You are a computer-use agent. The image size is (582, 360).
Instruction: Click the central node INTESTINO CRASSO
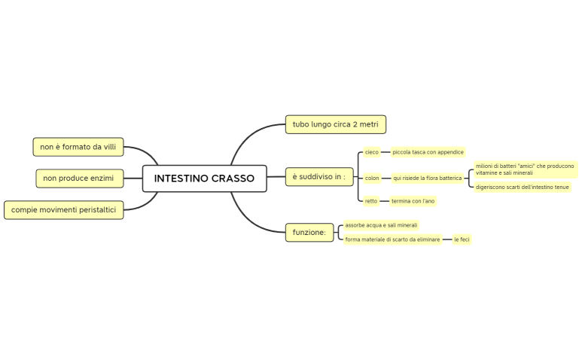tap(204, 178)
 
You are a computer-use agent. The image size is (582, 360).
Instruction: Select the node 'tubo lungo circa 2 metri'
tap(336, 124)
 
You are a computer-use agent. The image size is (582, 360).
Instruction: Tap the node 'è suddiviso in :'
tap(319, 177)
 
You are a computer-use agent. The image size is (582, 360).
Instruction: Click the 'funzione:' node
tap(309, 233)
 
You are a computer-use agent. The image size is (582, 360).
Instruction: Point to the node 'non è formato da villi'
tap(78, 147)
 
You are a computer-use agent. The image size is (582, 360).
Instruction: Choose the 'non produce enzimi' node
tap(78, 178)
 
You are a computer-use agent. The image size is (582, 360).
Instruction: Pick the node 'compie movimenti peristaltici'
tap(64, 210)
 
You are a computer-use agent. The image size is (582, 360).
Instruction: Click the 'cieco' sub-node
tap(372, 152)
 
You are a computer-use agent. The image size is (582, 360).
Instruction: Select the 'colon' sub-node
tap(372, 178)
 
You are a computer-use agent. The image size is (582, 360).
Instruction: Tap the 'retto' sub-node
tap(371, 201)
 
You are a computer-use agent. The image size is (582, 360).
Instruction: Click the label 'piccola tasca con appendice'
tap(428, 152)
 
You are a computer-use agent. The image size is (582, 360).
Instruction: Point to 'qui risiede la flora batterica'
tap(427, 178)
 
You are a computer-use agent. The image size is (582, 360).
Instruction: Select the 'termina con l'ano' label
tap(413, 201)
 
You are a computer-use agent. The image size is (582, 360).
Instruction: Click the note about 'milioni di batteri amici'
tap(525, 169)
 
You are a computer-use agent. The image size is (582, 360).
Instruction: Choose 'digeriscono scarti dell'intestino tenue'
tap(522, 187)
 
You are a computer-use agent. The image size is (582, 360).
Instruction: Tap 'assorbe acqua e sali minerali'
tap(381, 225)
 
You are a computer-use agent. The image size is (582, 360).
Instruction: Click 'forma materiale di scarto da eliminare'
tap(392, 239)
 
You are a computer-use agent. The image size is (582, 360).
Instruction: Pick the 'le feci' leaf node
tap(462, 239)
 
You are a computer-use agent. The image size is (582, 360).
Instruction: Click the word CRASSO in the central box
tap(233, 178)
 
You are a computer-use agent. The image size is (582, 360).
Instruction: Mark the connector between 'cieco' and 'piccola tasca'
tap(385, 152)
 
